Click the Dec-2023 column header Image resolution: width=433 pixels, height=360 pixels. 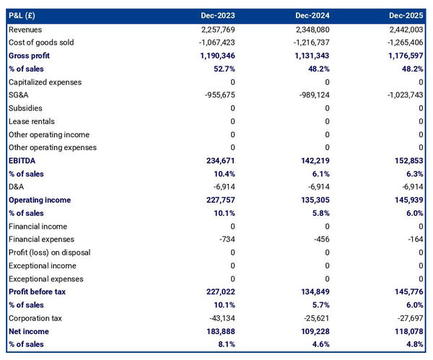(x=218, y=15)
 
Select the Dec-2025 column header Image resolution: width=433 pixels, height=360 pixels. (x=406, y=15)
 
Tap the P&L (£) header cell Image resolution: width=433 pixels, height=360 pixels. (x=25, y=15)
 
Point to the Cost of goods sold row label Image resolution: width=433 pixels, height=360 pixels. (x=41, y=43)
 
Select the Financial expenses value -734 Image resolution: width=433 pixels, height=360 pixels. (x=226, y=240)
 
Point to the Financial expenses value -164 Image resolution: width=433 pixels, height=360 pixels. (x=414, y=240)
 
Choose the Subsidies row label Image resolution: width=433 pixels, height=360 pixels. (x=26, y=108)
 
